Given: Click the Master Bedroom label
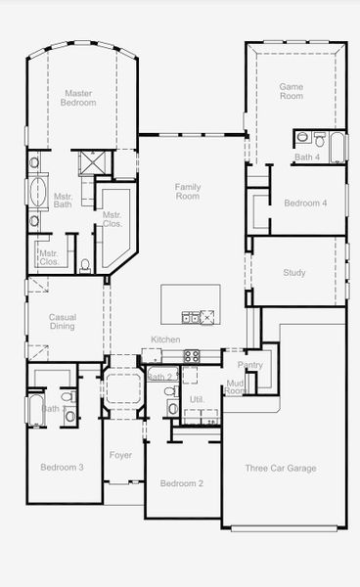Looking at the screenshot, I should (77, 98).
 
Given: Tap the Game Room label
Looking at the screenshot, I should (292, 91).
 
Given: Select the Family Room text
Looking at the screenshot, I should (187, 191).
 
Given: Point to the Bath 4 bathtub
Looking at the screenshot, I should (337, 147).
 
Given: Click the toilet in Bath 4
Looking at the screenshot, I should (303, 137).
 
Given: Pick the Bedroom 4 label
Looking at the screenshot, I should (305, 203).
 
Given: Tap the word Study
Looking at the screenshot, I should (293, 273).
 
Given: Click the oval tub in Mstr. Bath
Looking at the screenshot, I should (39, 192).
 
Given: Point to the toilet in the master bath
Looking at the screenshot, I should (85, 264).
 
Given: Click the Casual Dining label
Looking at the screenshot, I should (63, 321).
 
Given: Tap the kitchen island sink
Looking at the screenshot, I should (200, 315).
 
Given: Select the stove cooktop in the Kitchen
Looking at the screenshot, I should (191, 355).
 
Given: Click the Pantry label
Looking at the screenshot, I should (250, 365).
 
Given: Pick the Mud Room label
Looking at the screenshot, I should (235, 387).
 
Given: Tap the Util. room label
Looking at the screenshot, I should (196, 400).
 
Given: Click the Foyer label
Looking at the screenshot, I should (120, 455).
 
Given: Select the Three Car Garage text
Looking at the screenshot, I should (280, 469).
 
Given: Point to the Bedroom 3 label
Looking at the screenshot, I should (62, 468).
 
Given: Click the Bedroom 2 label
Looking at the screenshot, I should (182, 483).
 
